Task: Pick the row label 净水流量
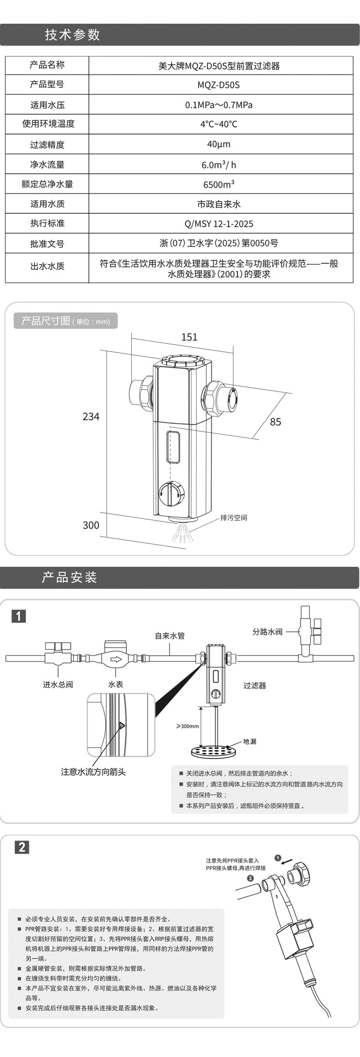coord(47,164)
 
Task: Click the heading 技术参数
coord(72,35)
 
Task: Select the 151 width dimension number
coord(189,337)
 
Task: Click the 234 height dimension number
coord(91,416)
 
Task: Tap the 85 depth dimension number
coord(275,422)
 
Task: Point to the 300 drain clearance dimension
coord(91,525)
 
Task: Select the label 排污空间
coord(233,518)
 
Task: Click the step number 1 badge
coord(19,616)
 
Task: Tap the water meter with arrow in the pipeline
coord(117,658)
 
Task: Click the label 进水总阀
coord(58,684)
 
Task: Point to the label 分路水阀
coord(267,631)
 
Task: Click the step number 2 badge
coord(22,847)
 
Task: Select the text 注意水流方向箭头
coord(93,771)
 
